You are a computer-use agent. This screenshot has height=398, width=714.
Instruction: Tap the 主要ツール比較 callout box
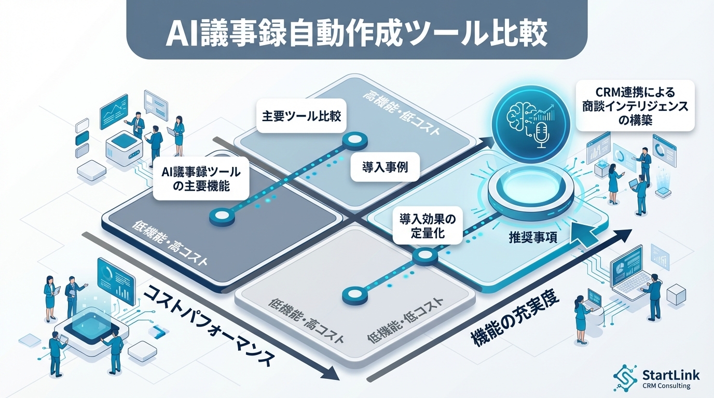pyautogui.click(x=301, y=116)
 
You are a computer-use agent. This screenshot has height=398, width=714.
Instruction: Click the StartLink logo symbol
pyautogui.click(x=625, y=377)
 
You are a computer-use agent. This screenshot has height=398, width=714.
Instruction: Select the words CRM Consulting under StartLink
pyautogui.click(x=666, y=386)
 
